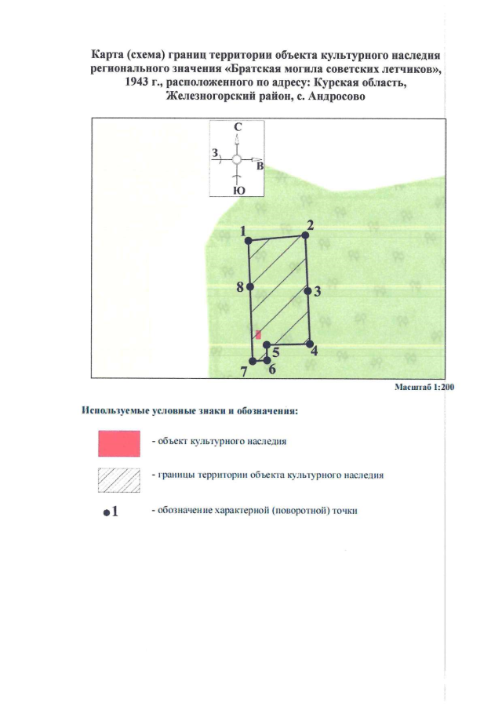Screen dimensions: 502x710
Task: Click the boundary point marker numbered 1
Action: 248,240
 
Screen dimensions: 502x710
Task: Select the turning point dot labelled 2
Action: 305,235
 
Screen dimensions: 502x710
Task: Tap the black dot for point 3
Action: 307,291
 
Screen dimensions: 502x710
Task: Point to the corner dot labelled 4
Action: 310,344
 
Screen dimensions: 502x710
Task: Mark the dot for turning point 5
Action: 267,345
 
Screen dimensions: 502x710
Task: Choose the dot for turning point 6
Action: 267,360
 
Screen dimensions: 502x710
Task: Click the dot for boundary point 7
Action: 253,361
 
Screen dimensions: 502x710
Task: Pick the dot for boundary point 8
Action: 250,286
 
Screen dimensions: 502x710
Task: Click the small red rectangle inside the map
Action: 258,335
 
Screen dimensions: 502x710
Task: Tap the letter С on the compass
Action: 238,127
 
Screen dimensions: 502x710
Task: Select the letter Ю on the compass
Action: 239,191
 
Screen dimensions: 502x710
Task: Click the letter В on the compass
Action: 260,166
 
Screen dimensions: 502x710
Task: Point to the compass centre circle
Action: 236,159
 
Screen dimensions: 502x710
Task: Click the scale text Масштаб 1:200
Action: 424,387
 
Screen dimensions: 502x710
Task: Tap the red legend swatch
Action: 119,443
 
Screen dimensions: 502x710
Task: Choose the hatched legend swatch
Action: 119,480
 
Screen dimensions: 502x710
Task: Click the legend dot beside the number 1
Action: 107,513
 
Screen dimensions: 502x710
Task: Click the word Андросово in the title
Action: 336,96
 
